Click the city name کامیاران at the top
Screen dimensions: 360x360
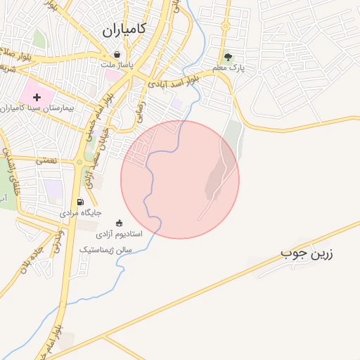[x=123, y=29]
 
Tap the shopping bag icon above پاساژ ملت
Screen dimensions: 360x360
[x=117, y=53]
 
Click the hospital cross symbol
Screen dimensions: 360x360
[x=37, y=96]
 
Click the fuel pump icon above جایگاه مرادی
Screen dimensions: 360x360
[x=79, y=202]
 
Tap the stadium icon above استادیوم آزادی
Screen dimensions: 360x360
[x=118, y=223]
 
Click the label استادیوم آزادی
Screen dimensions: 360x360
[x=119, y=233]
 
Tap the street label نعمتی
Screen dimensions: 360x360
[x=47, y=160]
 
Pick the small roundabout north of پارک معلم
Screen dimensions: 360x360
[x=226, y=27]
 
